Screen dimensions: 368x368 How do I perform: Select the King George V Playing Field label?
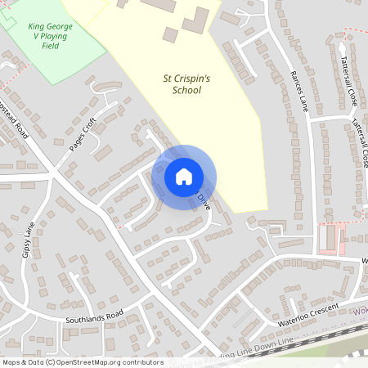[x=51, y=36]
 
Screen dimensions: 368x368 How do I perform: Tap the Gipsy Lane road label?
[x=30, y=237]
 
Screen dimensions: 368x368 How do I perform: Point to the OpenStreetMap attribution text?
[x=83, y=361]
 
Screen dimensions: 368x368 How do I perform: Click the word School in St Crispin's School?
[x=186, y=92]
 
